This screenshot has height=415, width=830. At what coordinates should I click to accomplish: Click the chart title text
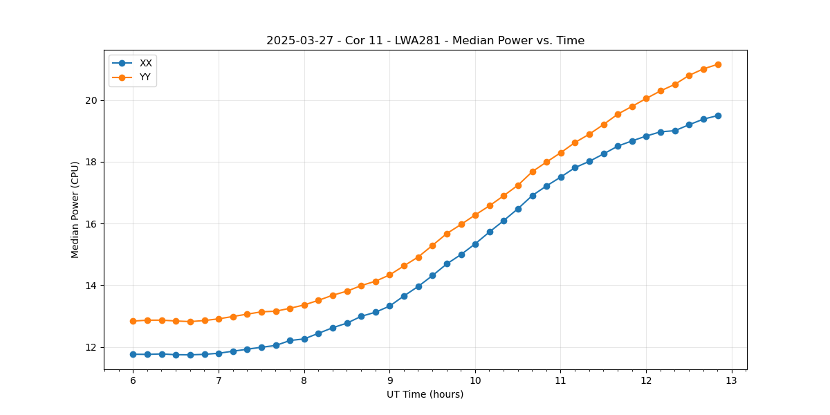click(x=425, y=41)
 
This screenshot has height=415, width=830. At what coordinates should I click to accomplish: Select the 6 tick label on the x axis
click(x=133, y=381)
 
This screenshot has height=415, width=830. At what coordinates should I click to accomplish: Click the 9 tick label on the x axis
click(x=389, y=381)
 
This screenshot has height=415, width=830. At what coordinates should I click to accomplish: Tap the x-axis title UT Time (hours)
click(x=425, y=394)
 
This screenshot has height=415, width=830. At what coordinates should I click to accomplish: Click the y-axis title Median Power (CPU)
click(x=75, y=210)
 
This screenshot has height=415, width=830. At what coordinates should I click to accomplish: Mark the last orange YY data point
click(x=718, y=64)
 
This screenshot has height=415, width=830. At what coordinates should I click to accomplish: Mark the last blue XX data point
click(x=718, y=116)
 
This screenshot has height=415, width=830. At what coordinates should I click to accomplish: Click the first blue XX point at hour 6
click(x=133, y=354)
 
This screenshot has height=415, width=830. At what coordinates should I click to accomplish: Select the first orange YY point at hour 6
click(x=133, y=321)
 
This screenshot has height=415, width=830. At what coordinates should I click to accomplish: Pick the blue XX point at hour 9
click(x=389, y=306)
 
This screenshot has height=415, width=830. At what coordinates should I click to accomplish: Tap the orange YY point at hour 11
click(x=561, y=153)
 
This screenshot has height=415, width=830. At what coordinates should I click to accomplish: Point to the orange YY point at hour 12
click(x=646, y=98)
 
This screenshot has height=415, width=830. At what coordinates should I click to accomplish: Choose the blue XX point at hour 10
click(x=475, y=244)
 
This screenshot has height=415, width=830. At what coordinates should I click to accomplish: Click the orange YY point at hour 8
click(x=304, y=305)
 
